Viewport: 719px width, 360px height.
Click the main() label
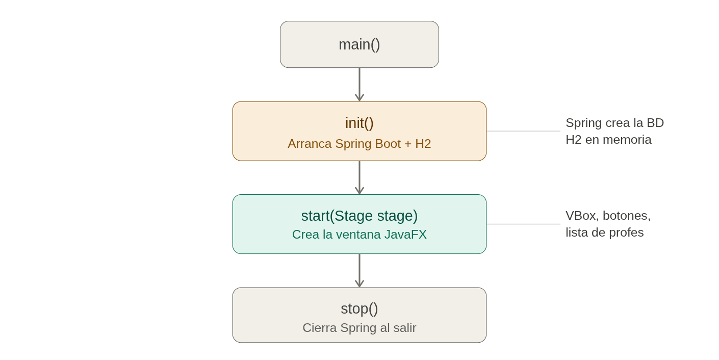[359, 45]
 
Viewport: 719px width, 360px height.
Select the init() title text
[359, 123]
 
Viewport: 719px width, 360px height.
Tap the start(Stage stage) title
[359, 216]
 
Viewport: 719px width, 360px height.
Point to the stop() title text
[359, 308]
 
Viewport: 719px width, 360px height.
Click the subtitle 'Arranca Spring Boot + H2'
[359, 144]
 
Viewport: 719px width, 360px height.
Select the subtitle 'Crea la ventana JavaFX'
[359, 235]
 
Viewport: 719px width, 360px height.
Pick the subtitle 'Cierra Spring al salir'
[359, 328]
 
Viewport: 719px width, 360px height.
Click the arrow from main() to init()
[359, 85]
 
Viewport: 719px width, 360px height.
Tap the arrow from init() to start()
[359, 177]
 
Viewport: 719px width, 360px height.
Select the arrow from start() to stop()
[359, 271]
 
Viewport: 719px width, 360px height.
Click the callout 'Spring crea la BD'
[614, 123]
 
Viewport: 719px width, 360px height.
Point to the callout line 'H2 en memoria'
[608, 140]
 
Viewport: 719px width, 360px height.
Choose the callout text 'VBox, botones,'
[608, 216]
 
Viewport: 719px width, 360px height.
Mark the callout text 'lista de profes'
[604, 233]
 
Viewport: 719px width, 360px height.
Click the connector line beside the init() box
[523, 131]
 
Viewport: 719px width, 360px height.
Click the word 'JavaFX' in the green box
[405, 235]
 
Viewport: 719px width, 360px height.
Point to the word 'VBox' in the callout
[580, 216]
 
